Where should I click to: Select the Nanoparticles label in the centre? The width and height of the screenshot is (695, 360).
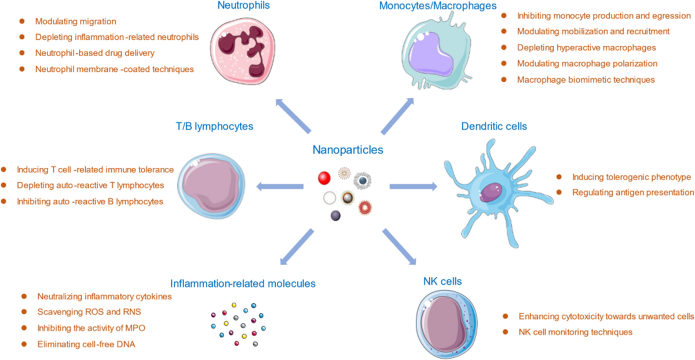348,150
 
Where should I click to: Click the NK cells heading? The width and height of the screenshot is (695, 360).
442,282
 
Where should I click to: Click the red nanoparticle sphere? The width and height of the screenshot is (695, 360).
325,177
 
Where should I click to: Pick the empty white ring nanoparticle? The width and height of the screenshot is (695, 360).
331,198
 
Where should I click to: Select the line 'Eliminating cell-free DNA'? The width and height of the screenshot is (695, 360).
83,344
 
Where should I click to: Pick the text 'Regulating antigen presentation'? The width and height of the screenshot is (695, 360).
632,192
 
